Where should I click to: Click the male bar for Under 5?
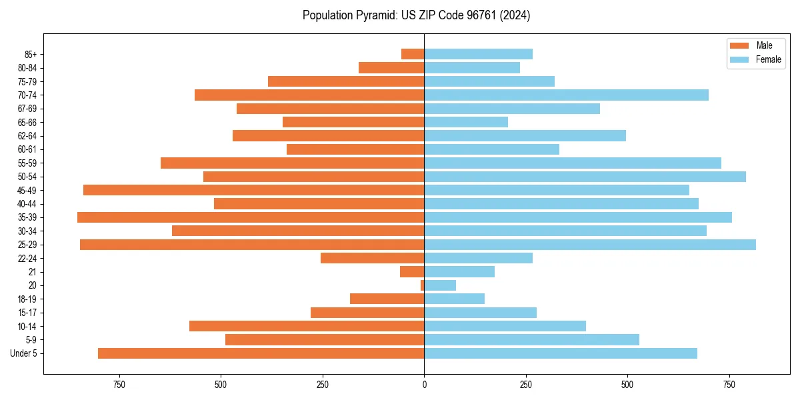[261, 353]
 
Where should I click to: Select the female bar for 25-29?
[590, 245]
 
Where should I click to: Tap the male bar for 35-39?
[251, 217]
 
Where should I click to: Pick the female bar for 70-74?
[566, 95]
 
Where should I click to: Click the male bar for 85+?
[413, 54]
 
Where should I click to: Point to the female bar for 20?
[440, 285]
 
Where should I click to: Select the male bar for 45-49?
[253, 190]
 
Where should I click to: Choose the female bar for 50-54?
[585, 177]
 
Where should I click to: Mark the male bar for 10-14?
[307, 326]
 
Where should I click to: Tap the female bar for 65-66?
[466, 122]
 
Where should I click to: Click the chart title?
[416, 15]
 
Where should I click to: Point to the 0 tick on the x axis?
[424, 385]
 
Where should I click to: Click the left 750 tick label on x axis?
[119, 385]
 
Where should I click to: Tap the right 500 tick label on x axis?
[627, 385]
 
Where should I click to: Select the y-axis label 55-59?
[27, 163]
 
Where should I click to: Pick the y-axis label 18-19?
[27, 299]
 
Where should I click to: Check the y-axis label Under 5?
[24, 353]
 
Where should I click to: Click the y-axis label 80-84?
[27, 68]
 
